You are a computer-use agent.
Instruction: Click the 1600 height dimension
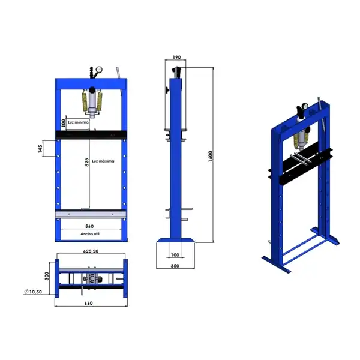pos(211,157)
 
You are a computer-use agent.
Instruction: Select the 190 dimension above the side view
pos(176,57)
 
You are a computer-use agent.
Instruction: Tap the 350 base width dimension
pos(175,266)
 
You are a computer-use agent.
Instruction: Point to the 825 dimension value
pos(86,162)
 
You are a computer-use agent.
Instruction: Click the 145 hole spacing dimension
pos(40,149)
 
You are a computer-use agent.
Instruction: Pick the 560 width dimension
pos(89,226)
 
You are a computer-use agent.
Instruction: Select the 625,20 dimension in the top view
pos(91,251)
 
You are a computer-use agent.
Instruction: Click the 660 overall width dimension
pos(88,303)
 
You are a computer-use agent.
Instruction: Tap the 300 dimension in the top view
pos(47,276)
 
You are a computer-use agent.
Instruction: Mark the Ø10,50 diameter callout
pos(33,292)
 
